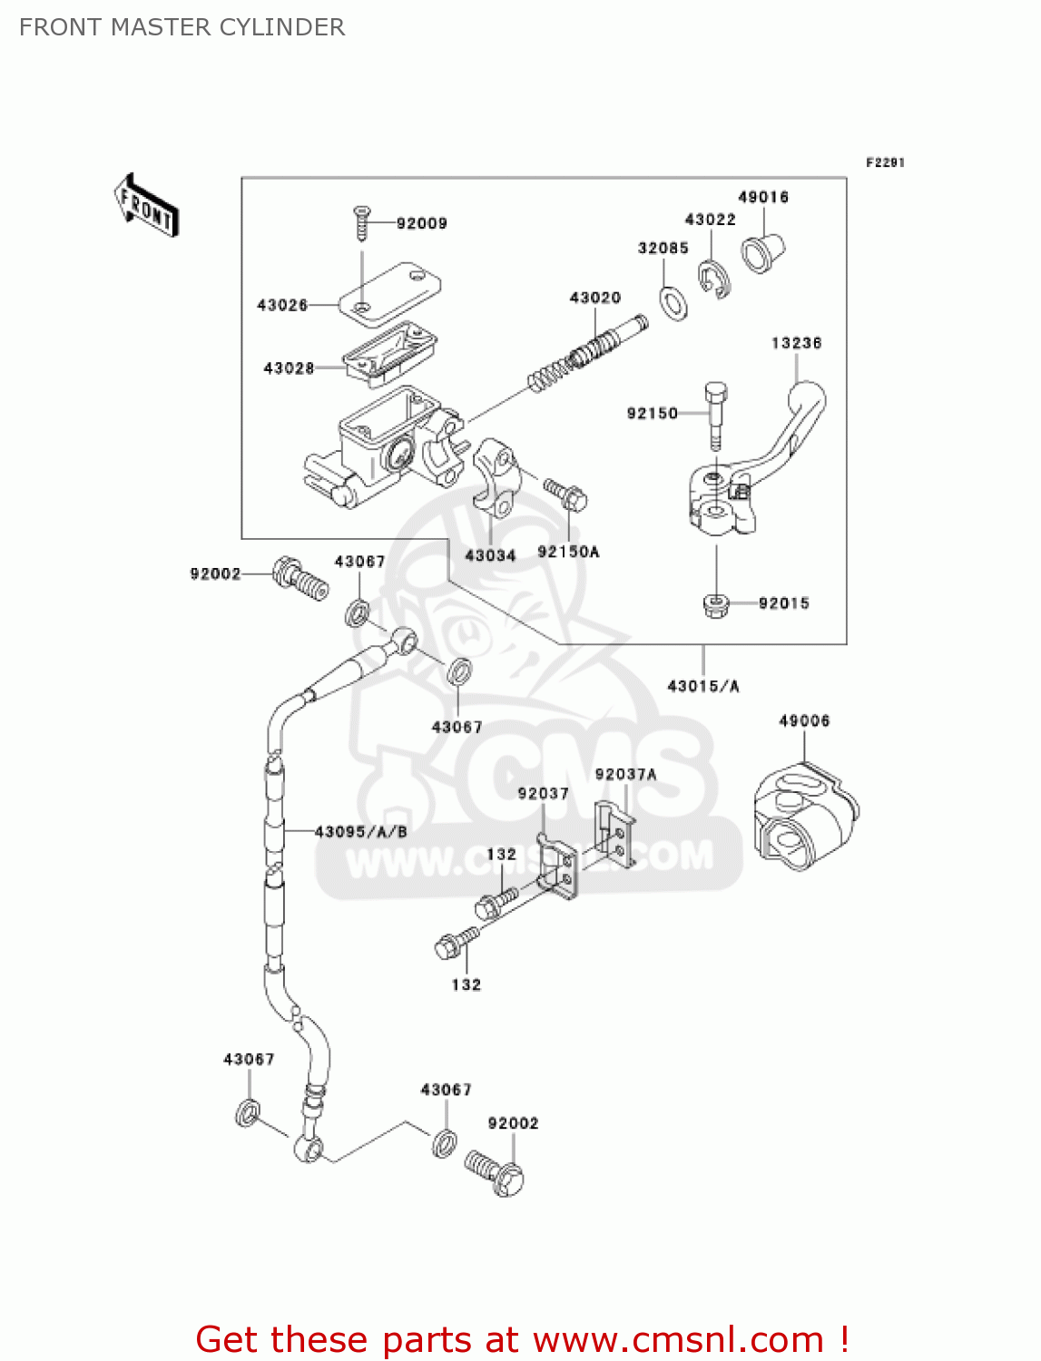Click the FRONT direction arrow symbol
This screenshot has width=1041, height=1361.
click(x=146, y=206)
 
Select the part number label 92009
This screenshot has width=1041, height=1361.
click(x=421, y=223)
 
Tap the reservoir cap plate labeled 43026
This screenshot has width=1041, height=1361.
click(x=390, y=292)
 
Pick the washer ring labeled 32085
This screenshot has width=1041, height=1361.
click(x=673, y=302)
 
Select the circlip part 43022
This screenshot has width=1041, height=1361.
click(x=714, y=278)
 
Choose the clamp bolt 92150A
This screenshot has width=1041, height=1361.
click(x=566, y=494)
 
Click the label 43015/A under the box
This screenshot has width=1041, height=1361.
click(x=703, y=686)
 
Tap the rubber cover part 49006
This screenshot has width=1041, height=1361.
click(x=805, y=818)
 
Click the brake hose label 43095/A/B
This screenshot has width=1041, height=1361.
click(x=360, y=831)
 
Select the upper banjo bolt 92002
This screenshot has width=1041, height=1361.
click(x=300, y=577)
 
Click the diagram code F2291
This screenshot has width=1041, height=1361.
click(x=885, y=162)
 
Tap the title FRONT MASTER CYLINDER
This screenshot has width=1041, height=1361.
click(x=182, y=27)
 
